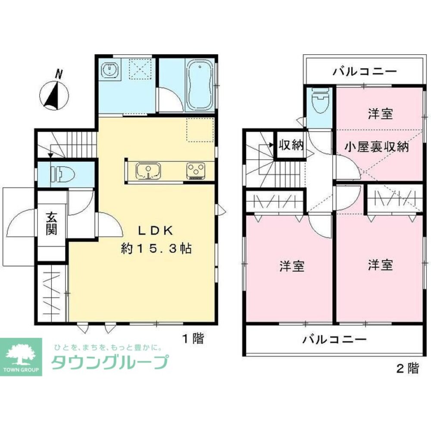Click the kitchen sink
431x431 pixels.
[x=148, y=171]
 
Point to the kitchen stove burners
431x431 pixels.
[x=196, y=171]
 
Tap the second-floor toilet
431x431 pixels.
[x=319, y=102]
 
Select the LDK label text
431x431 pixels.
[x=156, y=231]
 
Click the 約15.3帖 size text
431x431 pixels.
[x=156, y=249]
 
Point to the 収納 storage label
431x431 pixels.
[x=290, y=145]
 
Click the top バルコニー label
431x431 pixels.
[x=364, y=71]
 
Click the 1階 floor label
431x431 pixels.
[x=192, y=339]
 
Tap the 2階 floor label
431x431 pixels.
[x=407, y=369]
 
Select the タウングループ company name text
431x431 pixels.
[x=109, y=362]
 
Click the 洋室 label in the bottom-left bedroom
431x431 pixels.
[x=292, y=266]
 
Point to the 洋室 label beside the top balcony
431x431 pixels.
[x=380, y=114]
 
